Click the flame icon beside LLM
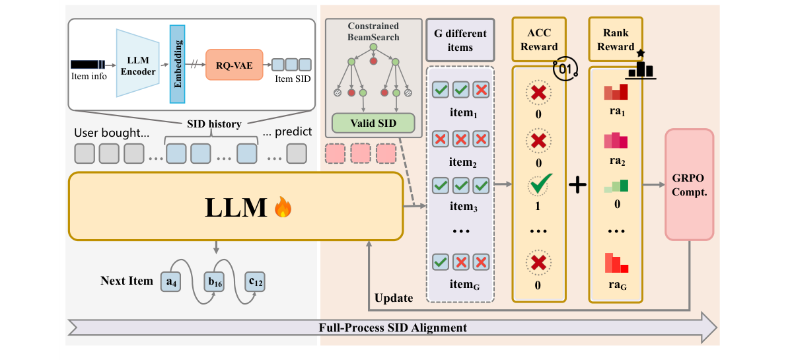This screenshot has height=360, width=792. tap(283, 208)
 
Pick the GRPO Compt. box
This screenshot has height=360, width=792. tap(690, 184)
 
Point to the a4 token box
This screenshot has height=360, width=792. tap(171, 282)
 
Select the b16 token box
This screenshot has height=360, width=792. tap(215, 282)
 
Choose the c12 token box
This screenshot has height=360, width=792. tap(254, 282)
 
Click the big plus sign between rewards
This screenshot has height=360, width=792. tap(577, 186)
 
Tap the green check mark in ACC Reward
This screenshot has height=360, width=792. tap(539, 186)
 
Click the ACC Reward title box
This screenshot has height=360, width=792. tap(539, 40)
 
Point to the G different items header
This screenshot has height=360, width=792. tap(459, 40)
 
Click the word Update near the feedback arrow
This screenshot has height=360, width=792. tap(393, 298)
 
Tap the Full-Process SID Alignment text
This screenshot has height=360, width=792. tap(392, 328)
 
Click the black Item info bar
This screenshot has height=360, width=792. tap(87, 64)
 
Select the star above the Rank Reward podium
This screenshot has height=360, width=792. tap(640, 52)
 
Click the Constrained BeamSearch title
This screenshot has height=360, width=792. tap(373, 31)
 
